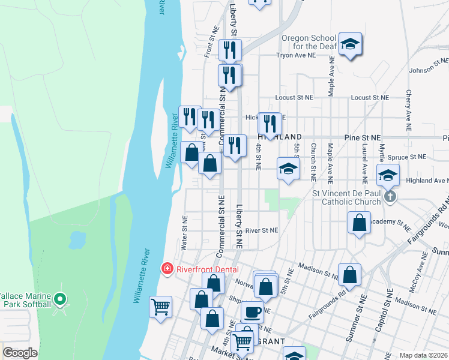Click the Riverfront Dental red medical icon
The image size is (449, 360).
point(168,269)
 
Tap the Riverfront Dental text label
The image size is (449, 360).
point(208,269)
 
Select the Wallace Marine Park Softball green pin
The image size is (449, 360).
point(59,298)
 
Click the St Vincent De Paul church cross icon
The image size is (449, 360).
point(390,196)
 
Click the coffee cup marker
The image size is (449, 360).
point(253,312)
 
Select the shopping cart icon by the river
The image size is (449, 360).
point(161,308)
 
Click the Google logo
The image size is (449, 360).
point(20,353)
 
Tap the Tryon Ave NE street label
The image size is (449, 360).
point(295,55)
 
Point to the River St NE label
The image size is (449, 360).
point(262,230)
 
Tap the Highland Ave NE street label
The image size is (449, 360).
point(427,181)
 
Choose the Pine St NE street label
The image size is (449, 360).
point(363,137)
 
